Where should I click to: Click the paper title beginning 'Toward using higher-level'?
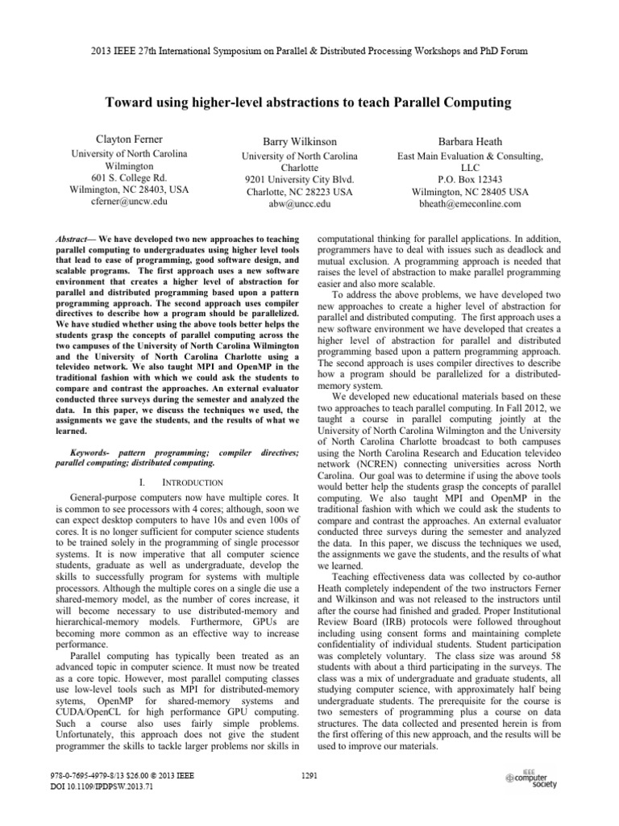(309, 102)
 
